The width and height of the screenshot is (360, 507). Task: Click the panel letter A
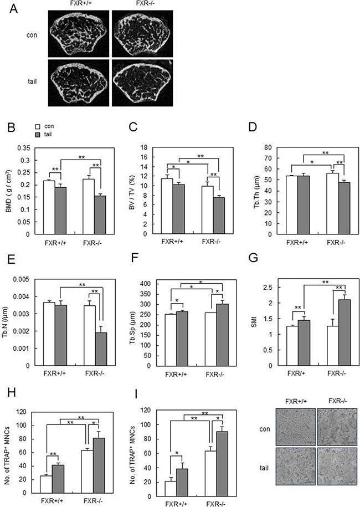(x=14, y=9)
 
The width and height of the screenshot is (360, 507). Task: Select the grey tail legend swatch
(x=37, y=134)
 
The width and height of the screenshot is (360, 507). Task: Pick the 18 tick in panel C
(x=145, y=147)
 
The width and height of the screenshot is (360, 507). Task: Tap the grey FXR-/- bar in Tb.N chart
(x=101, y=349)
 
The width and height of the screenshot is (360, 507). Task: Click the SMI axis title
(x=254, y=322)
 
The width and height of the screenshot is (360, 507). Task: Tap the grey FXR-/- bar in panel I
(x=222, y=464)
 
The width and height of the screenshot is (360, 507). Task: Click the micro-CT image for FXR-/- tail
(x=142, y=83)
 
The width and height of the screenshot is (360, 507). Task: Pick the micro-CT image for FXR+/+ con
(x=79, y=34)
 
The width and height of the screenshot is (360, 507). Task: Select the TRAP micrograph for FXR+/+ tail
(x=295, y=466)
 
